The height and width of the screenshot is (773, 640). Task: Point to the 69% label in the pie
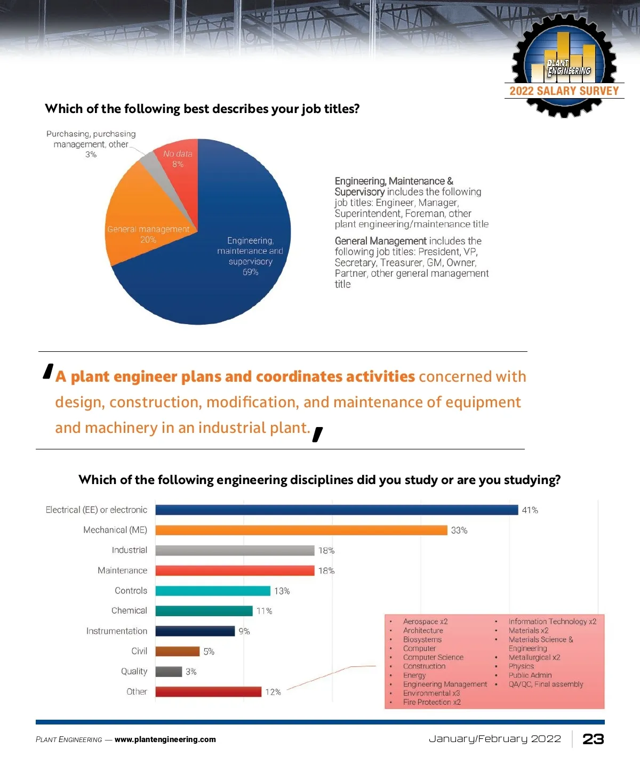click(x=250, y=272)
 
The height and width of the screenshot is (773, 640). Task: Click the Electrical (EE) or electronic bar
click(x=336, y=510)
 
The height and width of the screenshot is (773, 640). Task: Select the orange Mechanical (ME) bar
click(x=301, y=530)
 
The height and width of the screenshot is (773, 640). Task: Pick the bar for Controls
click(x=213, y=591)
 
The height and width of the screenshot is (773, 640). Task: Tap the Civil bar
click(x=178, y=651)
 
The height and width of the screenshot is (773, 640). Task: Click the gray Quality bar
click(x=169, y=672)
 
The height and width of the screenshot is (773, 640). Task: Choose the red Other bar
click(x=208, y=692)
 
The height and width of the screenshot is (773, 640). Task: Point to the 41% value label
click(x=530, y=510)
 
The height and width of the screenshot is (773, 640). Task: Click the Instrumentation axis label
click(x=117, y=631)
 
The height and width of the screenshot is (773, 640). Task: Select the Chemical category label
click(x=129, y=611)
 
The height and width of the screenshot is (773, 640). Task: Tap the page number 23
click(x=593, y=739)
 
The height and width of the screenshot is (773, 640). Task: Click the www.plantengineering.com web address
click(x=165, y=739)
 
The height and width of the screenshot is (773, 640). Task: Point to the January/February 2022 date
click(x=495, y=739)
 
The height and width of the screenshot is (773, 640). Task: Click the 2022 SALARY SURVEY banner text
click(x=564, y=91)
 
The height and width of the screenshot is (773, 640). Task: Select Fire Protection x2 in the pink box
click(x=431, y=702)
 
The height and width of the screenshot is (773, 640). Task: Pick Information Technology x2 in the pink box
click(x=552, y=622)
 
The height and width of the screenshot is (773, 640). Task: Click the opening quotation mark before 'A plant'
click(x=49, y=371)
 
